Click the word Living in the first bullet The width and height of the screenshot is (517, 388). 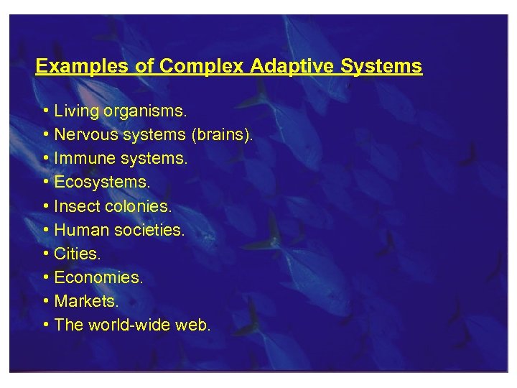[x=77, y=111]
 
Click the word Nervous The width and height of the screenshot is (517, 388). [x=83, y=135]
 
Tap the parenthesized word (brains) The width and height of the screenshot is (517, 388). [x=222, y=135]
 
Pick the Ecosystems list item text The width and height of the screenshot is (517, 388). [x=103, y=183]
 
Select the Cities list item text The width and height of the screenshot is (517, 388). [x=78, y=254]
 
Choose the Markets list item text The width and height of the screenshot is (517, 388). [x=85, y=301]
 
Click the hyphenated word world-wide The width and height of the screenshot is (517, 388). [x=131, y=325]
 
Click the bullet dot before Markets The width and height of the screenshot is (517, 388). [x=45, y=301]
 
